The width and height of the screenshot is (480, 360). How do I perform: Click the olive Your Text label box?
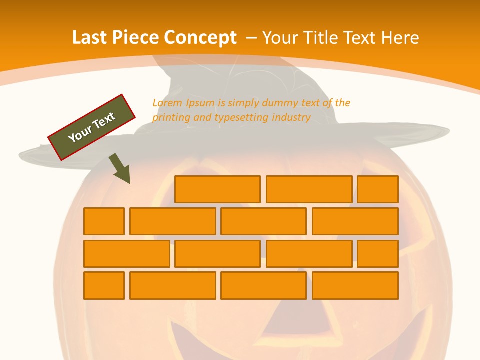92,127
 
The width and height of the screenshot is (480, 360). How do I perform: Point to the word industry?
291,117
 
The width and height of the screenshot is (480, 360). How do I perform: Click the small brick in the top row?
378,189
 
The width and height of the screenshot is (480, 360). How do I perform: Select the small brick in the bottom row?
104,285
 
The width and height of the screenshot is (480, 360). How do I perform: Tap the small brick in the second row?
104,221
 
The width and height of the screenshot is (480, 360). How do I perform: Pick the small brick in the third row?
378,253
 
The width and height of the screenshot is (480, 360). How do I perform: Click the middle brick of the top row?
309,189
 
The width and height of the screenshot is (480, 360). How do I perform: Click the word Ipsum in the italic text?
199,103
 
